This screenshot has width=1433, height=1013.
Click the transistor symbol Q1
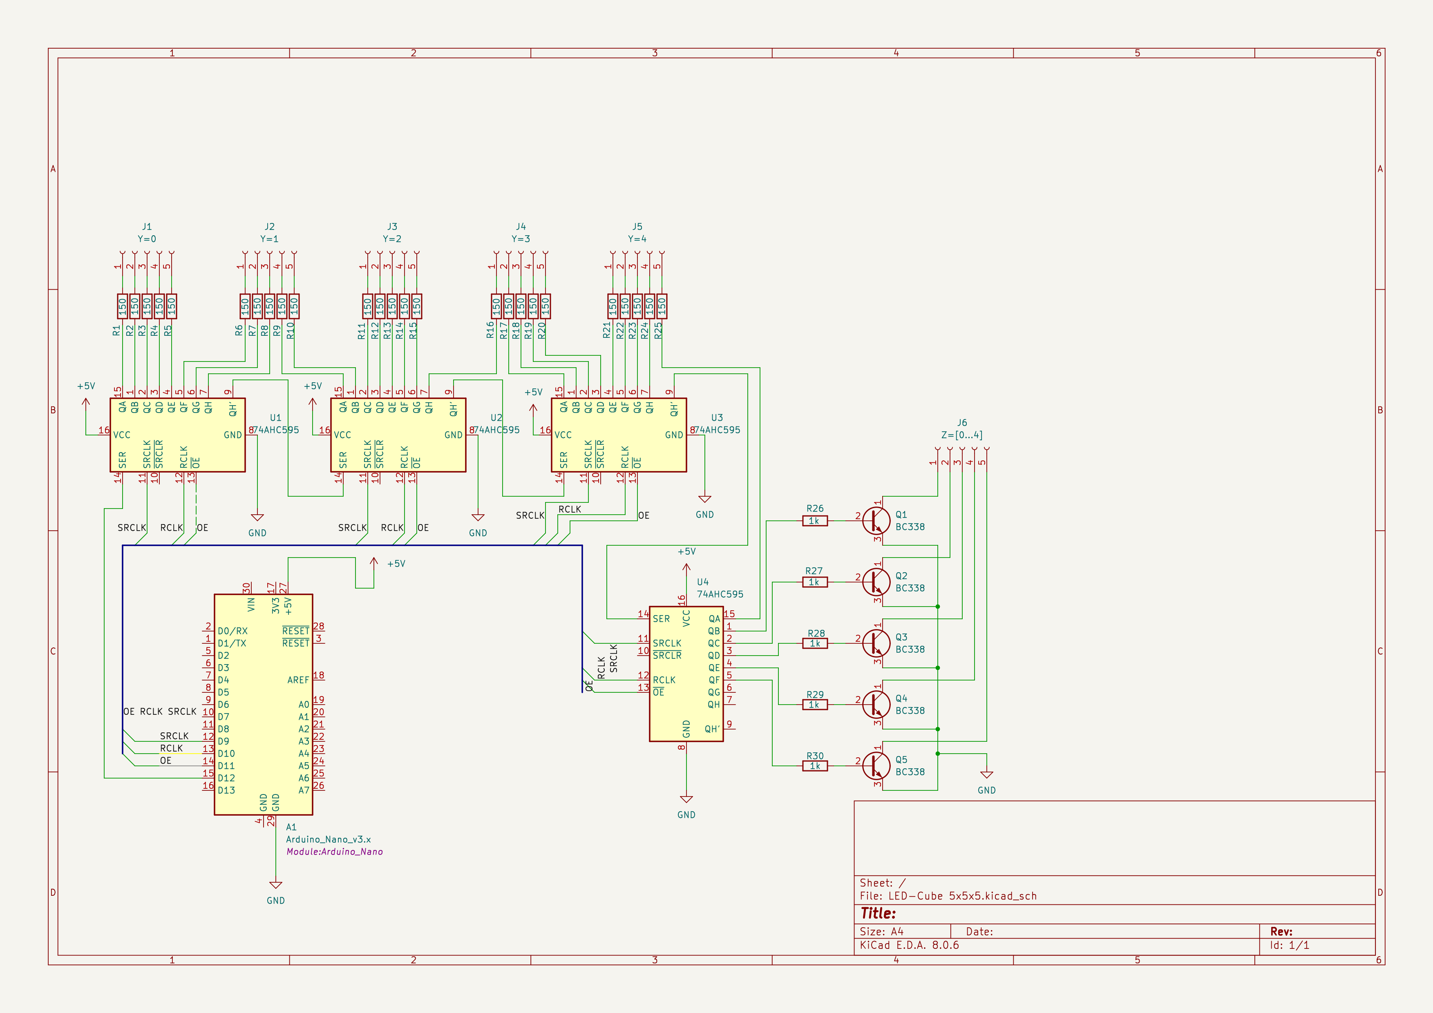pos(876,520)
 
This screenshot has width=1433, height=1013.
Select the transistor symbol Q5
pos(876,765)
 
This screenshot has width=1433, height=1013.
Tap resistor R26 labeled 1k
pos(814,521)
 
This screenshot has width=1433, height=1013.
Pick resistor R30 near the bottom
pos(814,766)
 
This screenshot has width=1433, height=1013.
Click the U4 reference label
pos(703,582)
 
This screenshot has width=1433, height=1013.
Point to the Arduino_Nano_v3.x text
pos(328,839)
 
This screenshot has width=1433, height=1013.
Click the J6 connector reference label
pos(962,423)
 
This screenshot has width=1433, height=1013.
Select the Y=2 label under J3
pos(392,239)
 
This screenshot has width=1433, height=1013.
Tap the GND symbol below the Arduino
pos(275,886)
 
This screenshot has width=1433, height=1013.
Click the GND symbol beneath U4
pos(686,800)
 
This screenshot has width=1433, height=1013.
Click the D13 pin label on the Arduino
pos(226,790)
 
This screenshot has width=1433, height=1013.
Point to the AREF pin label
pos(298,680)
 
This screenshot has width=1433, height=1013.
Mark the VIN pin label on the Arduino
pos(252,605)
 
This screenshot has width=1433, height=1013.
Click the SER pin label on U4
pos(661,619)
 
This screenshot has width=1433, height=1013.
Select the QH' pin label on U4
pos(712,729)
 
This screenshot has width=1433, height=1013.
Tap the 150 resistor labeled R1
pos(122,306)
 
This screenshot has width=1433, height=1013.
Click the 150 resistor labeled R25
pos(662,306)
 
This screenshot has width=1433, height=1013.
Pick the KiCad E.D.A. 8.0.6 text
pos(909,945)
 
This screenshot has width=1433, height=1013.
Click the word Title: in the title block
pos(878,913)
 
